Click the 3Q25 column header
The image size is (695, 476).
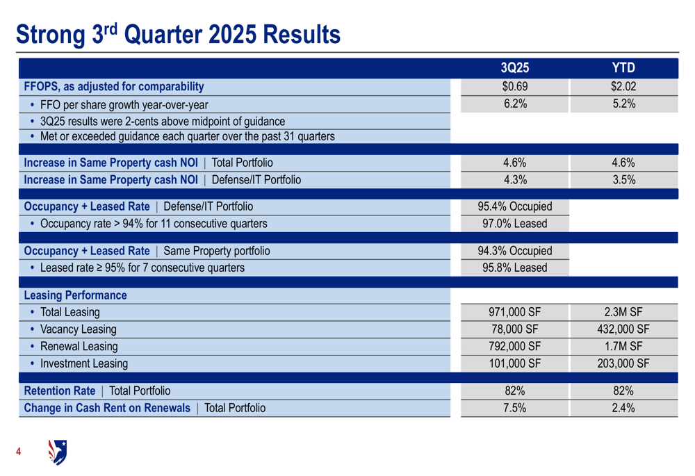point(514,68)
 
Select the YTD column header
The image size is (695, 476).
point(623,68)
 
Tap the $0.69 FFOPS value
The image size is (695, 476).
point(514,87)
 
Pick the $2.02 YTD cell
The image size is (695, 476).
point(623,87)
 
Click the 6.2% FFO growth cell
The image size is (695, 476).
point(514,104)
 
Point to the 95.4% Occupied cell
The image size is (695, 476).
point(514,206)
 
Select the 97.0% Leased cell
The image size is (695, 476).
point(514,224)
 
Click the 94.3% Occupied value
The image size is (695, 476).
point(514,251)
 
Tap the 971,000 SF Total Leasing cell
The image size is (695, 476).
point(514,313)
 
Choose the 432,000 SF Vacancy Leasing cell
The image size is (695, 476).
point(623,329)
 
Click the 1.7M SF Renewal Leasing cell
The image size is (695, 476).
point(623,346)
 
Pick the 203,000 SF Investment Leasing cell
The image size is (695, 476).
point(623,363)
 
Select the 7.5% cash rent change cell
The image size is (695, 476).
point(514,408)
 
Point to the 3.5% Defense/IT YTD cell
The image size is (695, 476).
point(623,180)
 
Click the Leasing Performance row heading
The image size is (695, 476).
point(75,295)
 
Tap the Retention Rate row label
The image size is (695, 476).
point(59,391)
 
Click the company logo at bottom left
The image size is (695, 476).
point(57,452)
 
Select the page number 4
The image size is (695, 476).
point(19,452)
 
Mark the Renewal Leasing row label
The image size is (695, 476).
point(79,346)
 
